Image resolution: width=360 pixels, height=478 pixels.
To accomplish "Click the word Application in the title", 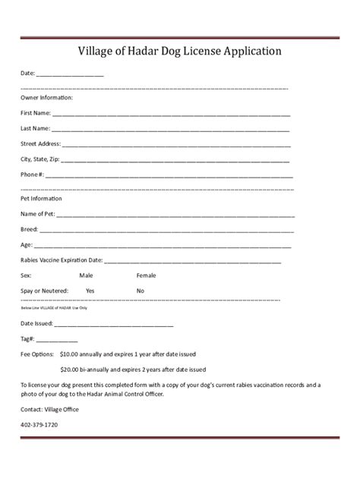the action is click(248, 52).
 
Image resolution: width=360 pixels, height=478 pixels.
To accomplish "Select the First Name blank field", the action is click(172, 112).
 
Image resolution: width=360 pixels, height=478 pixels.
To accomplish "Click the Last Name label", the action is click(35, 127).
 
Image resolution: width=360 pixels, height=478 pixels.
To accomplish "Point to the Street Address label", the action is click(40, 143).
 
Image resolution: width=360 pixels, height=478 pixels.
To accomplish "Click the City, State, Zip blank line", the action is click(175, 159).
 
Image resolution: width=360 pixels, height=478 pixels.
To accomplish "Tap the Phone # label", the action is click(33, 175).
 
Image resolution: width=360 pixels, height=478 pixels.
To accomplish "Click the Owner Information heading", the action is click(46, 97).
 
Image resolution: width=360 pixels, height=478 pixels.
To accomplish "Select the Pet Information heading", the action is click(41, 198).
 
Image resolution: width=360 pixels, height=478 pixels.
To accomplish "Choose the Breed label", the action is click(29, 229).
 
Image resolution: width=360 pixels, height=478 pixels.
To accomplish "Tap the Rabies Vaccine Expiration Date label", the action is click(62, 260).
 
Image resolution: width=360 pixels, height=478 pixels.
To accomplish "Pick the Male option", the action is click(86, 275).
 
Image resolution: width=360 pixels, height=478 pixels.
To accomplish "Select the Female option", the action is click(146, 275).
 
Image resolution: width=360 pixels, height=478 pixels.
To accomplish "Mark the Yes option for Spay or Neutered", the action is click(90, 291).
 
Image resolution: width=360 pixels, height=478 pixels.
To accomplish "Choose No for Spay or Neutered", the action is click(141, 291).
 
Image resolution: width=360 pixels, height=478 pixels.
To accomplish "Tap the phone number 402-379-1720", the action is click(39, 425).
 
